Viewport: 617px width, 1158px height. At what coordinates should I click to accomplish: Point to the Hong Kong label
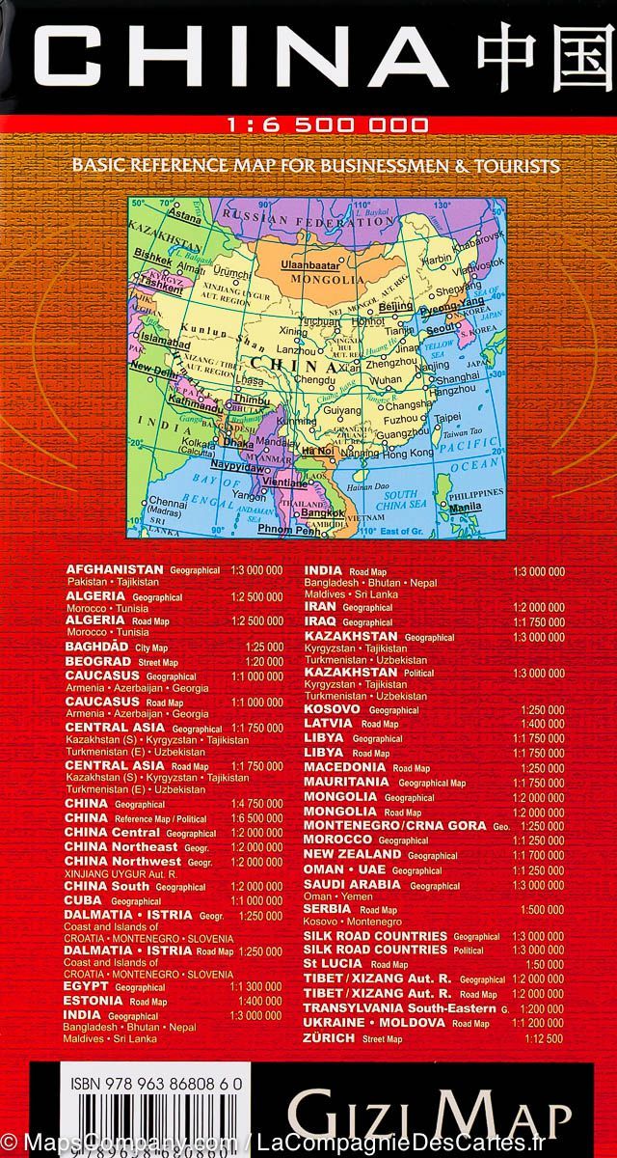click(409, 452)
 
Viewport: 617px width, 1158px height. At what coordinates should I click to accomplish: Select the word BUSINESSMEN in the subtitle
click(367, 166)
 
